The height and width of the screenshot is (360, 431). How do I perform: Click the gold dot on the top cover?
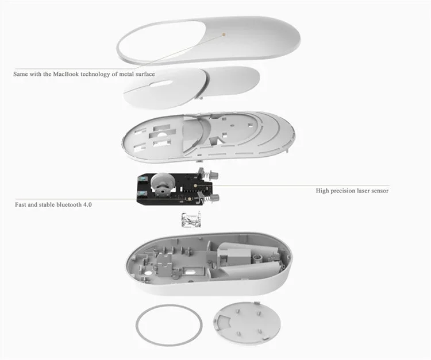point(224,33)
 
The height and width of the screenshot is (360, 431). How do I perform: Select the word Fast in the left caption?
point(21,204)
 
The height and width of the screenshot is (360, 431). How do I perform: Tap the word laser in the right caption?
point(359,191)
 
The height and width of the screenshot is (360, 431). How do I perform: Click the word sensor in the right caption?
point(379,191)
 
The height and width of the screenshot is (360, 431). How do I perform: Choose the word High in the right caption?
point(321,191)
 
